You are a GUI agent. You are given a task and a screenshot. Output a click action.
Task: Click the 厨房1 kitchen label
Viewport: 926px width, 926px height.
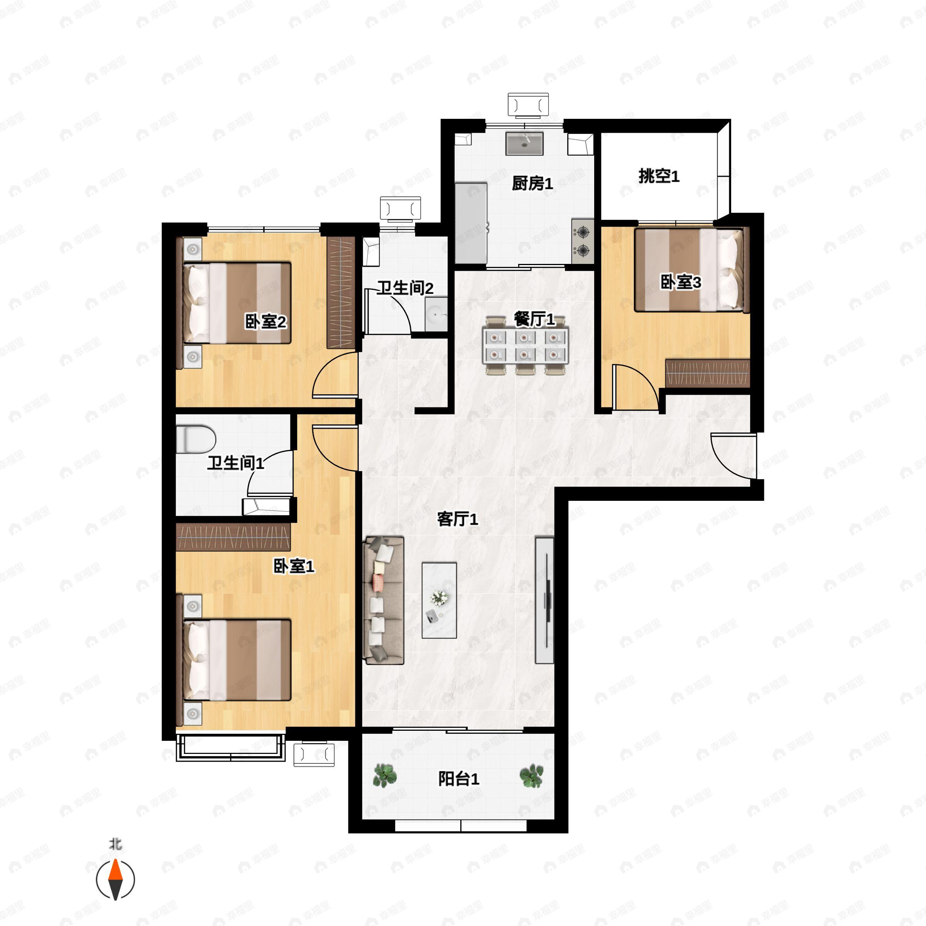[x=532, y=183]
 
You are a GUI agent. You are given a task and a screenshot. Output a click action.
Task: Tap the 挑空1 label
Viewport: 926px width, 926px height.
[x=659, y=176]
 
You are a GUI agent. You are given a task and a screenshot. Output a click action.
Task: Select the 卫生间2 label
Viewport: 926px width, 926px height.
[x=406, y=288]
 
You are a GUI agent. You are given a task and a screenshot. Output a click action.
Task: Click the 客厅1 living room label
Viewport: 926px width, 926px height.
[x=458, y=519]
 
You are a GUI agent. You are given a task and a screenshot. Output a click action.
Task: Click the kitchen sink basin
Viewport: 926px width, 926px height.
[x=524, y=143]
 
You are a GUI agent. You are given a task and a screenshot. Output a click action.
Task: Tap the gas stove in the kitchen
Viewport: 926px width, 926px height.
[x=582, y=241]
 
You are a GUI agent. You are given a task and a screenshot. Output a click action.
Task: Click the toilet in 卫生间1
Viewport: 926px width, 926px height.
[x=196, y=439]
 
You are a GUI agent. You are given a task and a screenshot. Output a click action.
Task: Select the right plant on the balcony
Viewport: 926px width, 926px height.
[x=532, y=776]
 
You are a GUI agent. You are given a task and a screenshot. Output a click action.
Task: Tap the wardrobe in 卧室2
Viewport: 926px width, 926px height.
[x=341, y=292]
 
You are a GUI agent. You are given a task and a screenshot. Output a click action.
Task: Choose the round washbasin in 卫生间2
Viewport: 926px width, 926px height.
[x=436, y=314]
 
